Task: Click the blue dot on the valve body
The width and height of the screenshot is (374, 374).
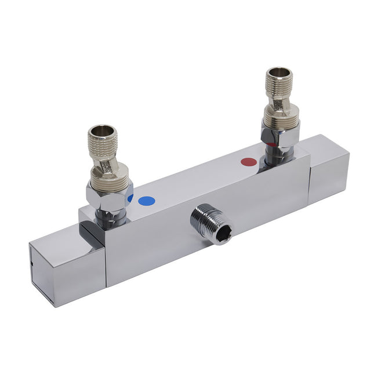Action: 147,201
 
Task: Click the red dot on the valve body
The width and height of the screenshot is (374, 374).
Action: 249,162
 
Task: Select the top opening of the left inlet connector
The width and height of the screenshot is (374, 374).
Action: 104,132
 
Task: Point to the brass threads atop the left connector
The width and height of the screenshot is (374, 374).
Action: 104,145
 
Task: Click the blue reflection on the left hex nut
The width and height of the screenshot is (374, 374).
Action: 130,198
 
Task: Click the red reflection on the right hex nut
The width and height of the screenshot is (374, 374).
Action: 271,144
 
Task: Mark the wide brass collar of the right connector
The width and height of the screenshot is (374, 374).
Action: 281,118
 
